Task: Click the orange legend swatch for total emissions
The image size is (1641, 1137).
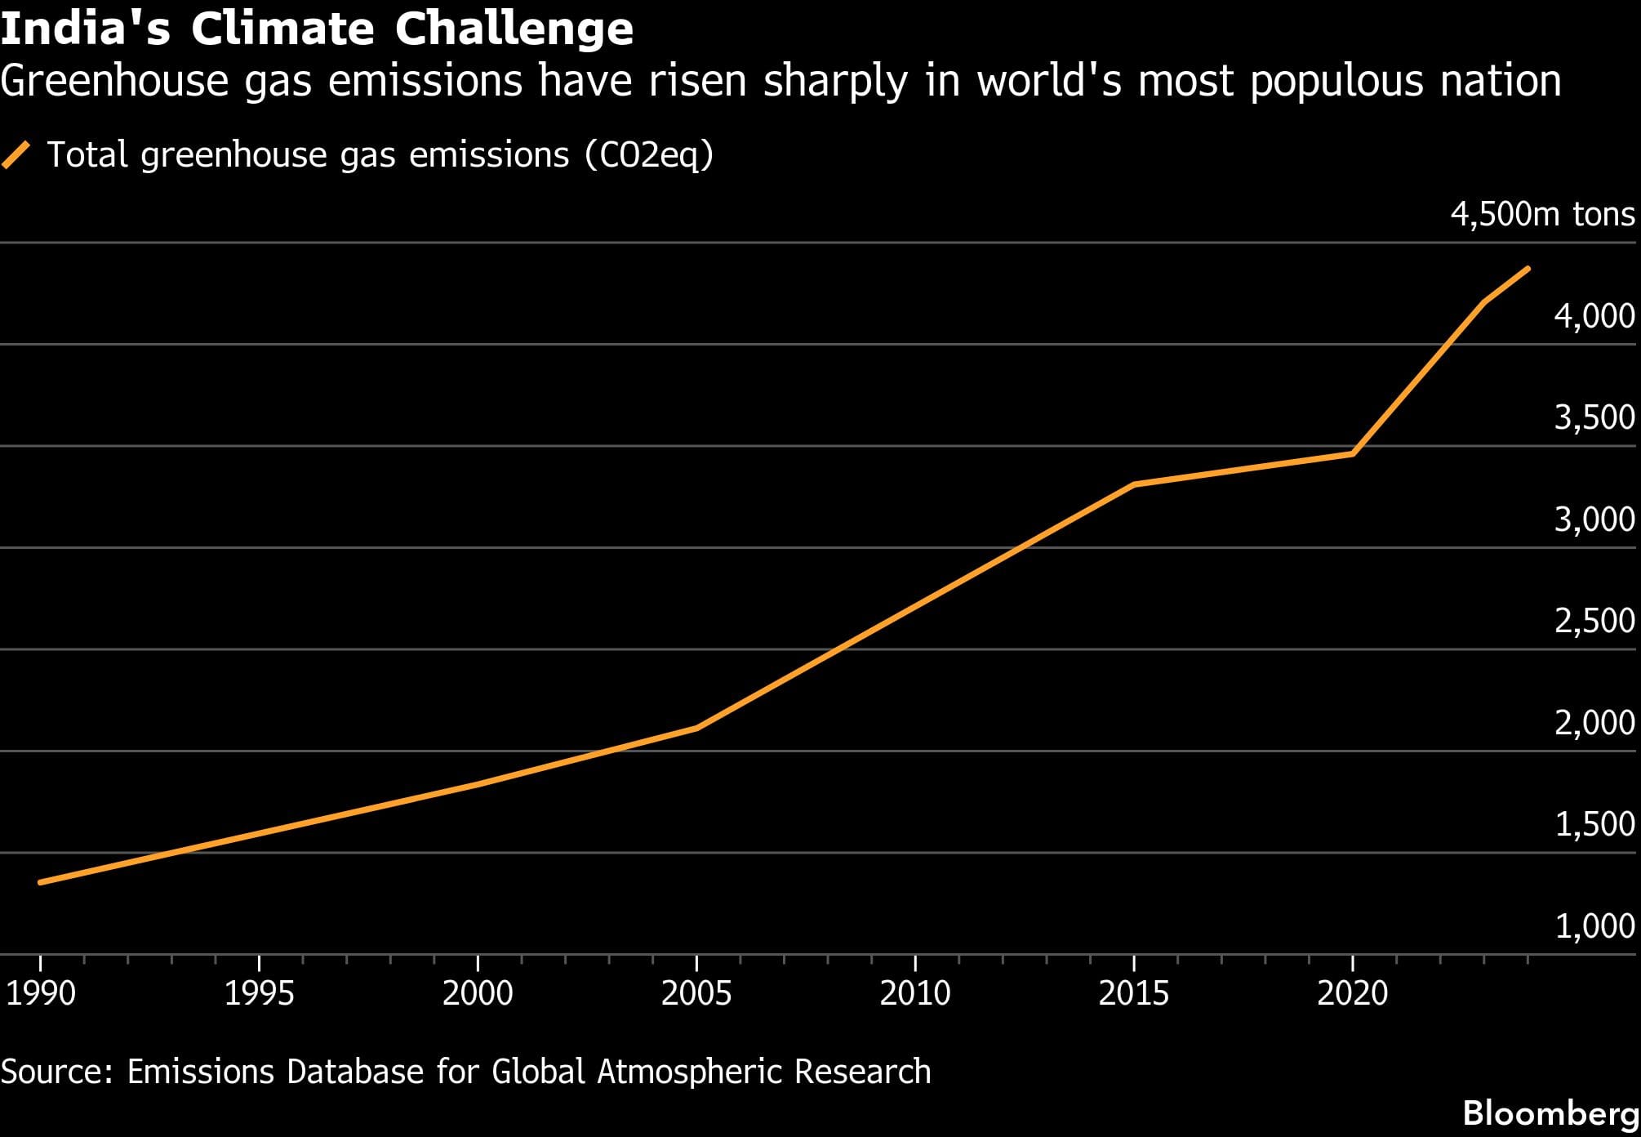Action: (x=16, y=154)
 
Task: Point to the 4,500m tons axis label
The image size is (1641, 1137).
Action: (x=1542, y=214)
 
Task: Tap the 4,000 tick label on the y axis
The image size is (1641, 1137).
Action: (x=1594, y=316)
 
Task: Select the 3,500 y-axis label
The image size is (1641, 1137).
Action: (x=1594, y=417)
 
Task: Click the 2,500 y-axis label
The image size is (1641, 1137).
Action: (x=1594, y=621)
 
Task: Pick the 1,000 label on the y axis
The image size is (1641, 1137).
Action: (x=1594, y=925)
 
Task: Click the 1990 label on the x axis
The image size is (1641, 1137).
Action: (x=40, y=993)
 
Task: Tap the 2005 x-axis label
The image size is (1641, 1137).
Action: (x=696, y=993)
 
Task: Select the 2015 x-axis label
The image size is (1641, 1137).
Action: (x=1133, y=993)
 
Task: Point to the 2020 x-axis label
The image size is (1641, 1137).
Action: (x=1352, y=993)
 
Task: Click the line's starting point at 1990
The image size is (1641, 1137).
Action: (x=41, y=882)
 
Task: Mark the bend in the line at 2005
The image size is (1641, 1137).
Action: (x=696, y=727)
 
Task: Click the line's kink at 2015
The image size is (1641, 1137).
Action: (x=1134, y=484)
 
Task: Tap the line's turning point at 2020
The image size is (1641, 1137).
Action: (x=1353, y=453)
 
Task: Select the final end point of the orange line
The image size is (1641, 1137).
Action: (x=1527, y=269)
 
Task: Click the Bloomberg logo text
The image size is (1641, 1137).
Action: (x=1550, y=1113)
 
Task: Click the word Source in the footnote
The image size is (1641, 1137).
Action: (x=56, y=1072)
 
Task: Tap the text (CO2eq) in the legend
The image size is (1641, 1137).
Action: (x=649, y=154)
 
